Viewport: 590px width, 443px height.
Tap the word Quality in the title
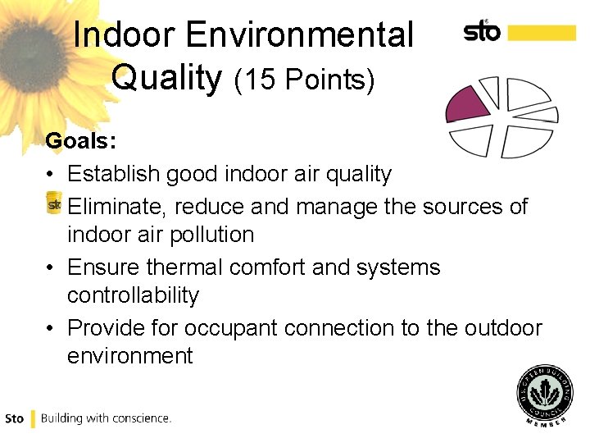[x=167, y=78]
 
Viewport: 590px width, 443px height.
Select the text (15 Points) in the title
[x=304, y=80]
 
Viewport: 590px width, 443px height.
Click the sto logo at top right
[x=482, y=30]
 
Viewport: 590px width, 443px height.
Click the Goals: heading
[x=80, y=141]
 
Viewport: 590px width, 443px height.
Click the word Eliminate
[x=118, y=206]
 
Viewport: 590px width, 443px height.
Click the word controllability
[x=133, y=295]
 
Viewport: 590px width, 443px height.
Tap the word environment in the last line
[x=129, y=356]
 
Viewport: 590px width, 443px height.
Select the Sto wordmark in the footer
[x=14, y=418]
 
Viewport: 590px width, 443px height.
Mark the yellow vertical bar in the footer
[x=33, y=418]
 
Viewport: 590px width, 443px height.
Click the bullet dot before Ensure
[x=51, y=268]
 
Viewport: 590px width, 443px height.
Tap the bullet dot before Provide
[x=51, y=329]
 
